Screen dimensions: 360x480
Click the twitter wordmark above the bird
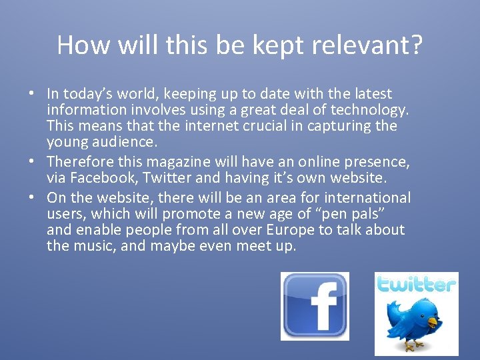(416, 285)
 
